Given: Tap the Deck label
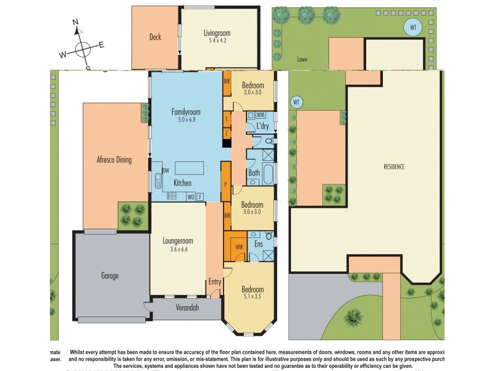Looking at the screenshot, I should (x=155, y=37).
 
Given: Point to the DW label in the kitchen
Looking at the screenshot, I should (x=165, y=171).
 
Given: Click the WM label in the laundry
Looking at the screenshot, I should (x=261, y=115).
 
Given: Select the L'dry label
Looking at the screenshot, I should (x=262, y=126).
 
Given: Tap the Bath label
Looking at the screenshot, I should (x=254, y=173).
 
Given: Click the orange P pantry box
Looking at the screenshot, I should (x=226, y=184).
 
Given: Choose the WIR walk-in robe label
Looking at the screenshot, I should (x=239, y=248).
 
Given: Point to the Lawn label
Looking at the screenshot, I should (x=302, y=60).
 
